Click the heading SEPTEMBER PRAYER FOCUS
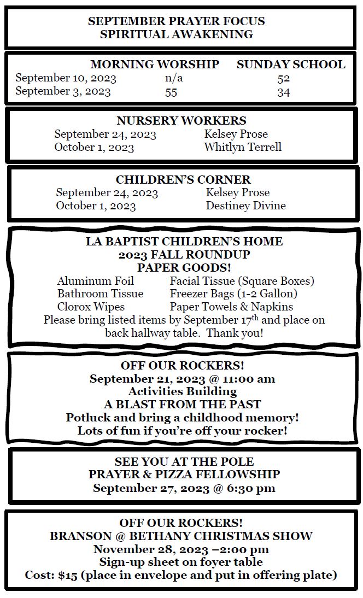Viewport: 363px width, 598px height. [176, 21]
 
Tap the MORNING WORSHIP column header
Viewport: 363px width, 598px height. [155, 65]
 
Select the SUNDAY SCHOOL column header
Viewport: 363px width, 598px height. [291, 65]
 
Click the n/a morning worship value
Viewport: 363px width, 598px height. [174, 78]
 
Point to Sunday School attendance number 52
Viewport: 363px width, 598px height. [283, 78]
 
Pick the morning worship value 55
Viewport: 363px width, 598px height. [171, 92]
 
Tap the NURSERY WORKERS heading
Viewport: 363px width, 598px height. [181, 121]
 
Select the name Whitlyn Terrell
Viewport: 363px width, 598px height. [243, 147]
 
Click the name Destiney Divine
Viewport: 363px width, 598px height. [245, 206]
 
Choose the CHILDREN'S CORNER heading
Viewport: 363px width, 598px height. [183, 180]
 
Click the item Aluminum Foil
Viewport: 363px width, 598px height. [96, 281]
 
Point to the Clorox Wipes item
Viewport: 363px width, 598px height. [91, 307]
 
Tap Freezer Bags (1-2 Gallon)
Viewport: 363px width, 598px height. [233, 294]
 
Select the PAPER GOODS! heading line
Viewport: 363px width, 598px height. [184, 268]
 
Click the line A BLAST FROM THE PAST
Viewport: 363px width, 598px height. [182, 404]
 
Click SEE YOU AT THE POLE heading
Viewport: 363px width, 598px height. [184, 462]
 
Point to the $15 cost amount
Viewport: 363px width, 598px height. [68, 575]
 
